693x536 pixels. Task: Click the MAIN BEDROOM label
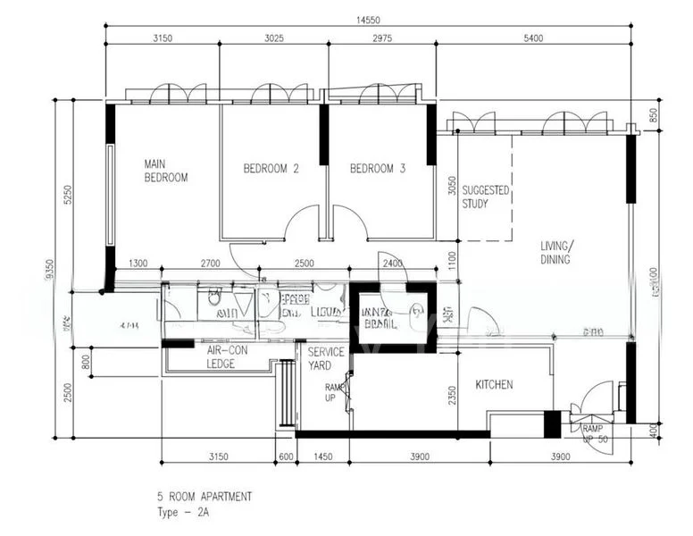point(166,171)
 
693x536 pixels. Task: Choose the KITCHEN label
point(494,384)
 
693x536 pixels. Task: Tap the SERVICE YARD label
point(326,359)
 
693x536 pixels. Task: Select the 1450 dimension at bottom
point(323,456)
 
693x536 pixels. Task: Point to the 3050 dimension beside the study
point(452,188)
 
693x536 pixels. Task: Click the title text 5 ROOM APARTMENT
point(205,496)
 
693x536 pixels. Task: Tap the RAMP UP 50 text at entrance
point(595,434)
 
